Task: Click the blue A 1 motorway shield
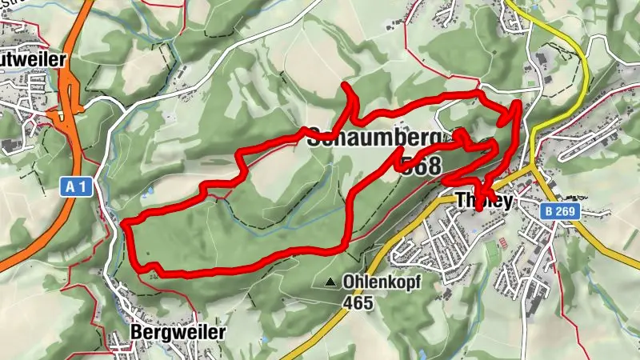pos(77,187)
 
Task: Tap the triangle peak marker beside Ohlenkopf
pos(330,282)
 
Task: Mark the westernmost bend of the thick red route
pos(126,224)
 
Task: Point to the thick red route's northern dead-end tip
pos(345,85)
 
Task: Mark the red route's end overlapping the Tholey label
pos(478,208)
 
